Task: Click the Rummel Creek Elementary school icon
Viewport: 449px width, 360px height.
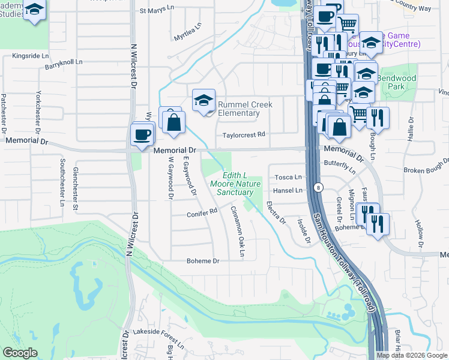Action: (x=203, y=101)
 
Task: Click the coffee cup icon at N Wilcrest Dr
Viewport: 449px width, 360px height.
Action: (x=142, y=134)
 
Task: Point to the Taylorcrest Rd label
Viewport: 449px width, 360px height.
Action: (x=244, y=135)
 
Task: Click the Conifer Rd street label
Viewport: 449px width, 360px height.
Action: (x=202, y=212)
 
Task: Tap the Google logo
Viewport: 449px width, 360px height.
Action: (x=20, y=353)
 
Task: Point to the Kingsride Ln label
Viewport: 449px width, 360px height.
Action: (x=30, y=56)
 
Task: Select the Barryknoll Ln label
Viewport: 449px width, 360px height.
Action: (x=64, y=65)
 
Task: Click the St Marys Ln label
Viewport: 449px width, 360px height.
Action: (x=155, y=10)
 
